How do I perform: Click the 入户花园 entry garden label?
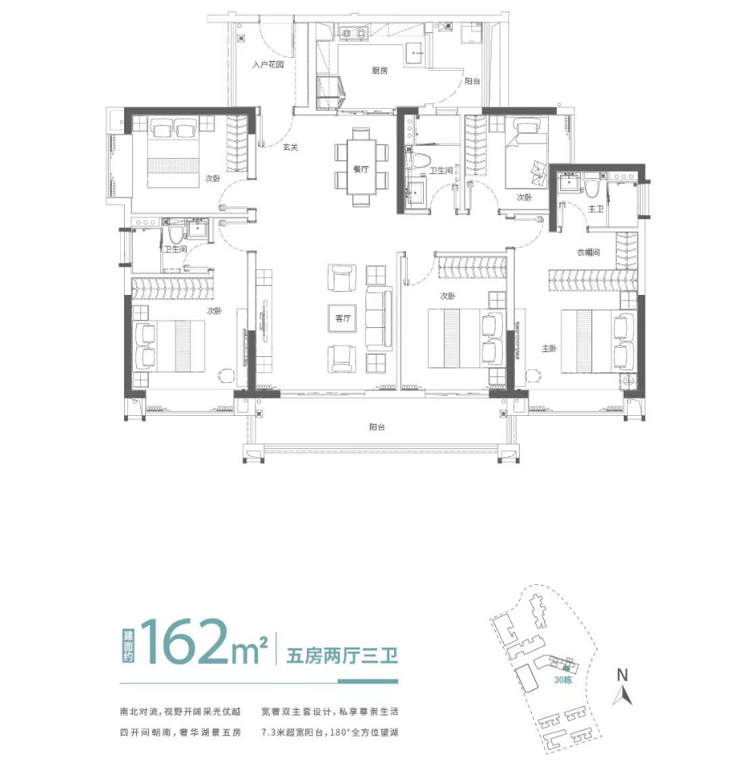point(268,64)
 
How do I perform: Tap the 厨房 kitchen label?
point(380,71)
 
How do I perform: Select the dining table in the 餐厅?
point(361,167)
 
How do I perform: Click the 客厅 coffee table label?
point(342,318)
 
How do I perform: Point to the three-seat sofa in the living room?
point(379,318)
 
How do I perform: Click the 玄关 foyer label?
point(290,147)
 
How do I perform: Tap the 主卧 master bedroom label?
point(549,348)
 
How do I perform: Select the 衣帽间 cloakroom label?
point(588,252)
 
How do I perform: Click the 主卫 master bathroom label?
point(595,209)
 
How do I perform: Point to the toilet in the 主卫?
point(591,185)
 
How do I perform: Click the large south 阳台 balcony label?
point(377,427)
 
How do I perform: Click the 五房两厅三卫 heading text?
point(342,655)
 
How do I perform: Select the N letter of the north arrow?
point(622,675)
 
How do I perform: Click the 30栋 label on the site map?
point(562,679)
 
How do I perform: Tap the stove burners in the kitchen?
point(354,33)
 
